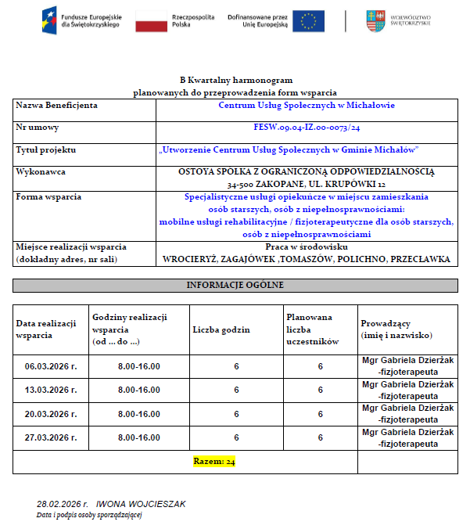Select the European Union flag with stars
(309, 21)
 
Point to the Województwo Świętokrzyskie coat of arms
(375, 21)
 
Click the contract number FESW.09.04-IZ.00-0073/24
(307, 127)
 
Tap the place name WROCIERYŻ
(190, 259)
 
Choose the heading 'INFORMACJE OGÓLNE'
(235, 285)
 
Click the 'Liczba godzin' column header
(221, 329)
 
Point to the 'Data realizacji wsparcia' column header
(46, 329)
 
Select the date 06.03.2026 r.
(51, 366)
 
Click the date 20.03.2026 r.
(51, 414)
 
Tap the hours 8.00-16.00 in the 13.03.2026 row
(138, 390)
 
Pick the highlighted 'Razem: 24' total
(214, 462)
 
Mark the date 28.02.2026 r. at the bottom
(63, 504)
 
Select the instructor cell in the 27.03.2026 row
(407, 437)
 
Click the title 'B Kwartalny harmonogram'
(235, 81)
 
